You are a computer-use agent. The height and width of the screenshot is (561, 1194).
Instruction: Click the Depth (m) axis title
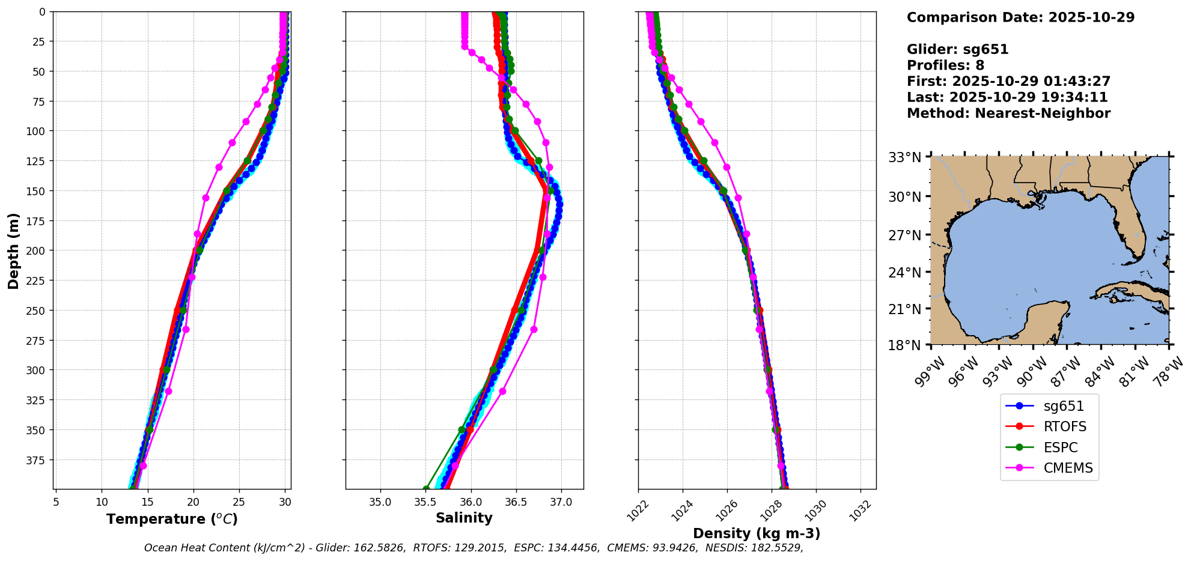point(13,250)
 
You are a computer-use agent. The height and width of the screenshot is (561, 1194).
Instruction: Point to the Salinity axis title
point(464,518)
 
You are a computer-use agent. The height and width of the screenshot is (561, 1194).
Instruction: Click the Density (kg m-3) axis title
point(757,533)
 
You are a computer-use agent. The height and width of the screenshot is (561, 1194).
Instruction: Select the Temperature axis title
point(172,519)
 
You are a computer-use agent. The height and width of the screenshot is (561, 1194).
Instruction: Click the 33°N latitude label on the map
point(904,157)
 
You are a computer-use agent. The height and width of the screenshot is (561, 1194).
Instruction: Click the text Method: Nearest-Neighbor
point(1008,114)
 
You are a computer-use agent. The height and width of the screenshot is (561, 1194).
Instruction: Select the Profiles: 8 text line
point(945,65)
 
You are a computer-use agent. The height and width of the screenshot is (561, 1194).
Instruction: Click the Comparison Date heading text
point(1020,17)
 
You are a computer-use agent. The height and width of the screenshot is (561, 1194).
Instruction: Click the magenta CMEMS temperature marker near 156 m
point(206,198)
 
